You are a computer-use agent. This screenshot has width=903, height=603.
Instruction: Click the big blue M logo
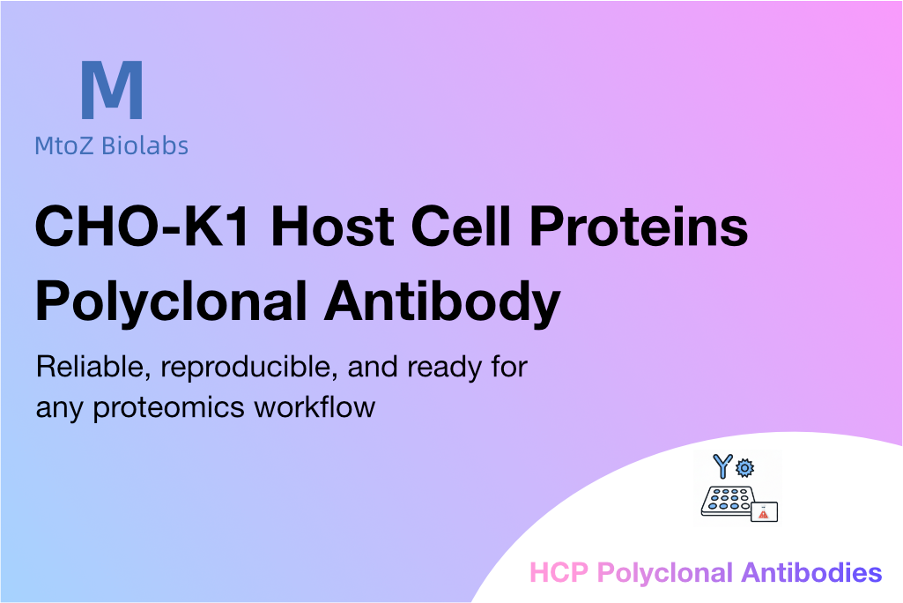click(112, 89)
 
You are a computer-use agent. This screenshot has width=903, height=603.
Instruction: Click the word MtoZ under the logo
click(64, 145)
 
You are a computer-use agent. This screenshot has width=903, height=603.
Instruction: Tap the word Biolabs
click(144, 145)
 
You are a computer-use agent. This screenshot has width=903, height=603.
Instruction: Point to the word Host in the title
click(332, 226)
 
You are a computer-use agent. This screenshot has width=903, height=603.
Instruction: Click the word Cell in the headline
click(461, 226)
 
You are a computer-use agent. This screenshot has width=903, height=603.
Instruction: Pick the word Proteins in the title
click(639, 226)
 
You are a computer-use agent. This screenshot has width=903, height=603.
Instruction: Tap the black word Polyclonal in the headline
click(171, 302)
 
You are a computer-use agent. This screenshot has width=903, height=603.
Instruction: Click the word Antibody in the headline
click(442, 302)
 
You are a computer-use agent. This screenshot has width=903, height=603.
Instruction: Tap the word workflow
click(315, 406)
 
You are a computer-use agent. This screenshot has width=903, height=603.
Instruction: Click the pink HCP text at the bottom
click(559, 573)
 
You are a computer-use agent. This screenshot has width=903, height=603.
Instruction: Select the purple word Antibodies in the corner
click(812, 573)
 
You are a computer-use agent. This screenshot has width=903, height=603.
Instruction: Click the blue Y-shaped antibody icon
click(722, 465)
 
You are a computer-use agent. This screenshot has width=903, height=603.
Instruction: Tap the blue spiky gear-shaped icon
click(745, 467)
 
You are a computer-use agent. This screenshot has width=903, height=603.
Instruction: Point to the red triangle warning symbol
click(764, 514)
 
